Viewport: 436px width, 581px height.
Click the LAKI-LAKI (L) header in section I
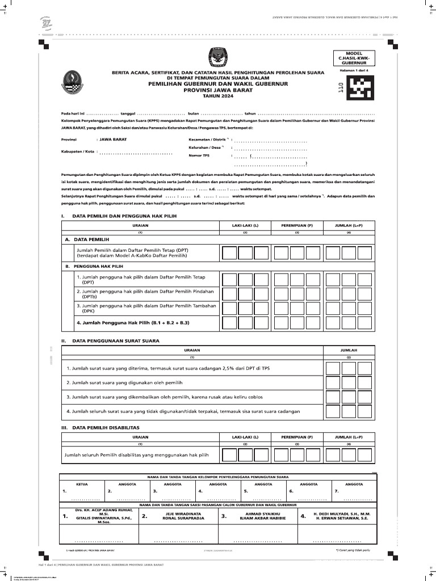245,225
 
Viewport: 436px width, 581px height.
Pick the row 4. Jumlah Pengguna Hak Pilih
132,322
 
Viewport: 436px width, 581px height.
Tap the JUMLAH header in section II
349,350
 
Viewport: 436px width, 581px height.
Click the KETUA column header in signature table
74,484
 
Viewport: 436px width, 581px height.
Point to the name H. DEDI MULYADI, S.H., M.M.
341,513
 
